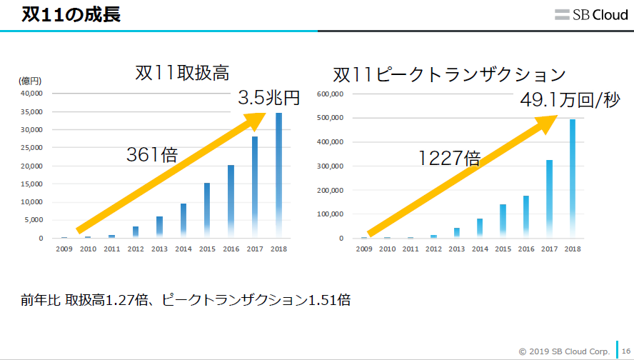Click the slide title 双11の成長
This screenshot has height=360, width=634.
pos(71,14)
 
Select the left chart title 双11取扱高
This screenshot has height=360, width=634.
pos(181,73)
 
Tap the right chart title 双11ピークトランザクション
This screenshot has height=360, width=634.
pos(449,75)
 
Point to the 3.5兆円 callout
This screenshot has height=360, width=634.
pos(268,98)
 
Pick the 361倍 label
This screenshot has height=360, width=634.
pos(151,154)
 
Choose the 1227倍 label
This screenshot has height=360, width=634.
pos(449,158)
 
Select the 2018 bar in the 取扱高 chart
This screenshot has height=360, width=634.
pos(278,175)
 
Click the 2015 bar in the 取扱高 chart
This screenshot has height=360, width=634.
pos(206,210)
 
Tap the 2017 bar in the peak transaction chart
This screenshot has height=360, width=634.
pos(550,199)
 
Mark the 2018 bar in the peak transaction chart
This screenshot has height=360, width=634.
pos(572,179)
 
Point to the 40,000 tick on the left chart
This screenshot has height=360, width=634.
pos(32,94)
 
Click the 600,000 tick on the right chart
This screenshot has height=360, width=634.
pos(332,94)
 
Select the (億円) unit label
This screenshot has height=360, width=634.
pos(29,81)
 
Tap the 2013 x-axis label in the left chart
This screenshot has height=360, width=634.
pos(159,249)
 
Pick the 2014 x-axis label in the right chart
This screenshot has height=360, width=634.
pos(480,249)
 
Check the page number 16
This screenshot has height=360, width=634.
pos(625,351)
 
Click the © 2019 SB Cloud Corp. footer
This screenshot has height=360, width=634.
pos(564,351)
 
